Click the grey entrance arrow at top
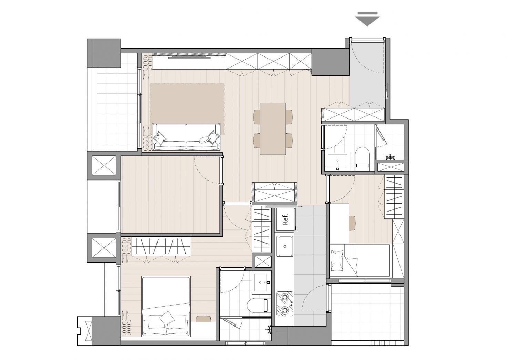(x=367, y=19)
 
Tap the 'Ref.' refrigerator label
(x=285, y=219)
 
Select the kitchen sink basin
(x=285, y=246)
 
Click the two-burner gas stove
(x=285, y=304)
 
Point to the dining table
(x=273, y=129)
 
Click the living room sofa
(x=186, y=137)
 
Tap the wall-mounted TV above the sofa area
(x=189, y=58)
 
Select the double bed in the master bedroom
(x=166, y=306)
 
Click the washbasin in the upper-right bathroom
(x=337, y=162)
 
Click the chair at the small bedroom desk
(x=352, y=223)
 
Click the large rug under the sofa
(x=187, y=109)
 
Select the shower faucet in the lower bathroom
(x=269, y=329)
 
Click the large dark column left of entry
(x=330, y=62)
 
